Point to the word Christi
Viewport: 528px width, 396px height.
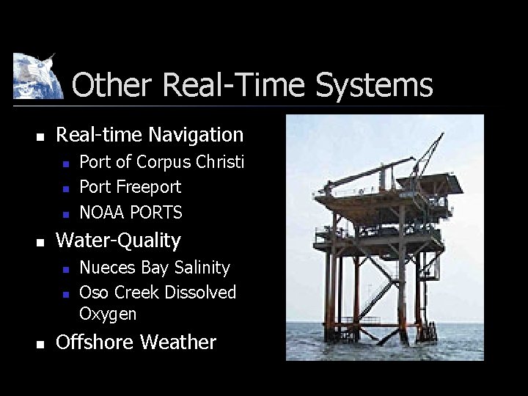(x=219, y=162)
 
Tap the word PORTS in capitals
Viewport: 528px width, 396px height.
(x=157, y=213)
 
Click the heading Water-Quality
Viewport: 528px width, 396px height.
(x=118, y=241)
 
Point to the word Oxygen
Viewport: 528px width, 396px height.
(x=108, y=314)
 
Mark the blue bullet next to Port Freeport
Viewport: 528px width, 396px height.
(x=65, y=188)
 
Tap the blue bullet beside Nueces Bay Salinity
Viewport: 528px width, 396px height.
(x=65, y=269)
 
